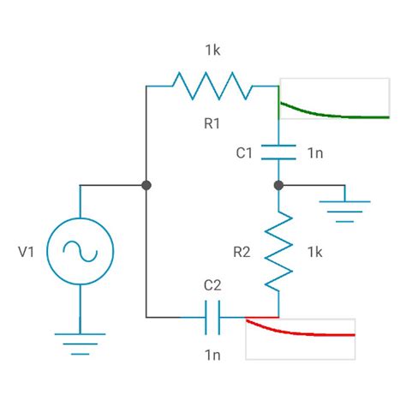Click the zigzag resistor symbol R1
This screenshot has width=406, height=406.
pyautogui.click(x=212, y=86)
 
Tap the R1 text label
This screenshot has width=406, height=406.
pyautogui.click(x=212, y=124)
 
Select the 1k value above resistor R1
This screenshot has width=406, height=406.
pyautogui.click(x=212, y=51)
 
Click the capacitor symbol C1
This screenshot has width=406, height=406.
pyautogui.click(x=278, y=152)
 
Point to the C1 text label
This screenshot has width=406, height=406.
pyautogui.click(x=244, y=153)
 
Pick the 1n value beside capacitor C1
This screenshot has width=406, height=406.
pyautogui.click(x=315, y=153)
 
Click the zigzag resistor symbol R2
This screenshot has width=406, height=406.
pyautogui.click(x=278, y=252)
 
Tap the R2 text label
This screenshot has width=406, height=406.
pyautogui.click(x=242, y=252)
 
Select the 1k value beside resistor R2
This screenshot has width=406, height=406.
pyautogui.click(x=314, y=252)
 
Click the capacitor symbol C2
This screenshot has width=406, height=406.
pyautogui.click(x=212, y=317)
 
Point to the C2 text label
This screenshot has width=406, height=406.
pyautogui.click(x=212, y=285)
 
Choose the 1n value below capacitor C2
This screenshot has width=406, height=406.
pyautogui.click(x=212, y=353)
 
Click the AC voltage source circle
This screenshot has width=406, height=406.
pyautogui.click(x=80, y=252)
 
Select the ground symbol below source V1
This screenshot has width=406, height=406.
pyautogui.click(x=80, y=343)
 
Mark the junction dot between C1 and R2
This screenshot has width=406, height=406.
pyautogui.click(x=278, y=185)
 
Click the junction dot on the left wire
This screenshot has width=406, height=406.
pyautogui.click(x=146, y=185)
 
